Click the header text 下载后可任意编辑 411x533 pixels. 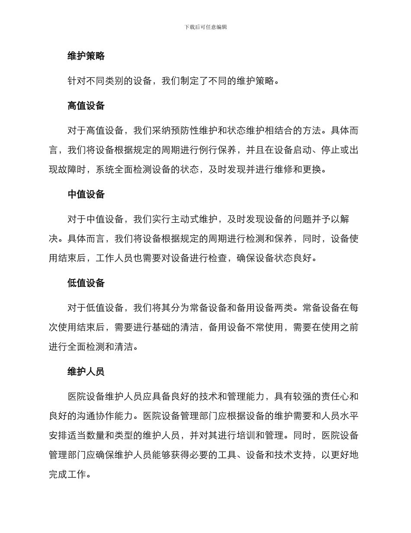pyautogui.click(x=205, y=27)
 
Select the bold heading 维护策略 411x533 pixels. pyautogui.click(x=86, y=56)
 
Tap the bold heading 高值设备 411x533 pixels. pyautogui.click(x=86, y=106)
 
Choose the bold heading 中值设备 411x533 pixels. pyautogui.click(x=86, y=195)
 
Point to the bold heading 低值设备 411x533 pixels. pyautogui.click(x=86, y=283)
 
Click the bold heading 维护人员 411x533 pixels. pyautogui.click(x=86, y=372)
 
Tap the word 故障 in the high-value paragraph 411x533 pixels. pyautogui.click(x=68, y=169)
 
